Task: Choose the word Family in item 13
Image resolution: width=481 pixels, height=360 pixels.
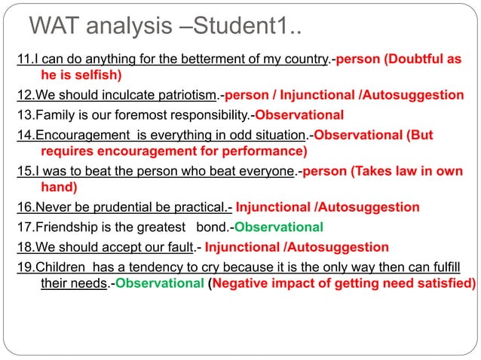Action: coord(57,115)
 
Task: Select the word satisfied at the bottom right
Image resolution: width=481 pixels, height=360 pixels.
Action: coord(446,284)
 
